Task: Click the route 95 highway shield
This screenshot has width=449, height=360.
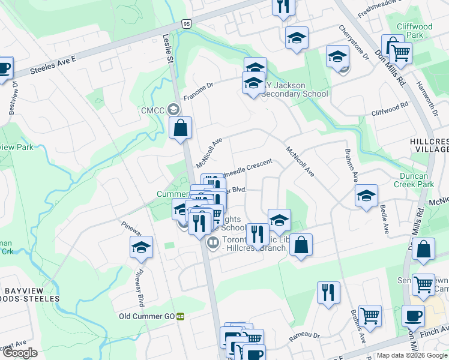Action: pos(187,23)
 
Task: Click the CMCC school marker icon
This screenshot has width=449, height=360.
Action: pos(174,109)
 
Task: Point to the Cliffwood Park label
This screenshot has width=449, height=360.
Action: pos(414,31)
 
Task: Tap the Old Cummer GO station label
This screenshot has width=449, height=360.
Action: pos(146,316)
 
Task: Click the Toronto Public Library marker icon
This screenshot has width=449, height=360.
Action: pos(211,244)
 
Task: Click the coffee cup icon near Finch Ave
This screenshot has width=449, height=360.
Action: pos(413,315)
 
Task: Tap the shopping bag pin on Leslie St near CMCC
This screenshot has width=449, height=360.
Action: pos(180,128)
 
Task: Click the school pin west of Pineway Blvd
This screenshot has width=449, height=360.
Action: pos(142,247)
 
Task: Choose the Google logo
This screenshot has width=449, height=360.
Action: pos(20,353)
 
